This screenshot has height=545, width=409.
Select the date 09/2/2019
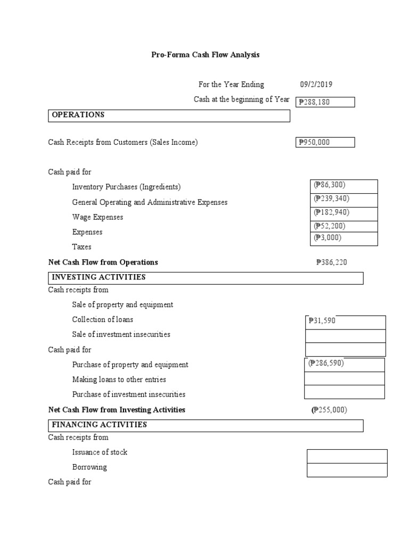click(317, 84)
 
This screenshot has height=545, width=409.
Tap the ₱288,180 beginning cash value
click(315, 102)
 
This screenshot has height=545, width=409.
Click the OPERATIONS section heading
click(78, 115)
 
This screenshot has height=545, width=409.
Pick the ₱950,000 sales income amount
click(315, 143)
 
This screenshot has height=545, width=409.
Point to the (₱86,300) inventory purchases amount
click(329, 185)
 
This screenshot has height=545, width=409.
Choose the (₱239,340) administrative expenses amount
click(331, 199)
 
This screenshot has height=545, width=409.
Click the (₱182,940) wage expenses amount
click(331, 212)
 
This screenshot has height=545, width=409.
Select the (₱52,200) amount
click(329, 226)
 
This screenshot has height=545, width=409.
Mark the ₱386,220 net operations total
click(332, 262)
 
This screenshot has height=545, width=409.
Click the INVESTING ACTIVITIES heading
click(99, 277)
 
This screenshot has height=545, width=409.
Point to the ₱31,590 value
click(322, 320)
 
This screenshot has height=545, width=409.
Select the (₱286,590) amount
click(326, 363)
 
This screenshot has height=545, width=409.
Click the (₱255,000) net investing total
click(329, 410)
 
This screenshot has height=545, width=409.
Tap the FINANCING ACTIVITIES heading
click(99, 425)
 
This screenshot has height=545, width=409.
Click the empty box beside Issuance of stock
click(347, 456)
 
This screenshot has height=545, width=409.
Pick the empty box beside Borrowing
click(347, 470)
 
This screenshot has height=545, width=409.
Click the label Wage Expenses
click(97, 217)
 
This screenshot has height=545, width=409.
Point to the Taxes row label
click(81, 247)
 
